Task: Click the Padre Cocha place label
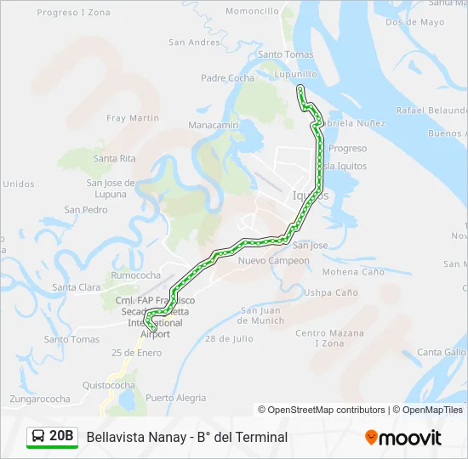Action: [227, 78]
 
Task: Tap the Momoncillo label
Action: [253, 12]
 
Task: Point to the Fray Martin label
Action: [133, 118]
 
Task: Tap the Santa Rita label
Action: [115, 158]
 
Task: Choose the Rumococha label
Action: [136, 275]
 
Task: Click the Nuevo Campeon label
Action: [274, 260]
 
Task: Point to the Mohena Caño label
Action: [353, 272]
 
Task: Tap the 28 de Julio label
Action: [229, 338]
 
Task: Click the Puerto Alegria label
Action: [175, 397]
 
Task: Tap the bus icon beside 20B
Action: [38, 437]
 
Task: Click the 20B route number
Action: [62, 437]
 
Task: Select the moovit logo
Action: [403, 437]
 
